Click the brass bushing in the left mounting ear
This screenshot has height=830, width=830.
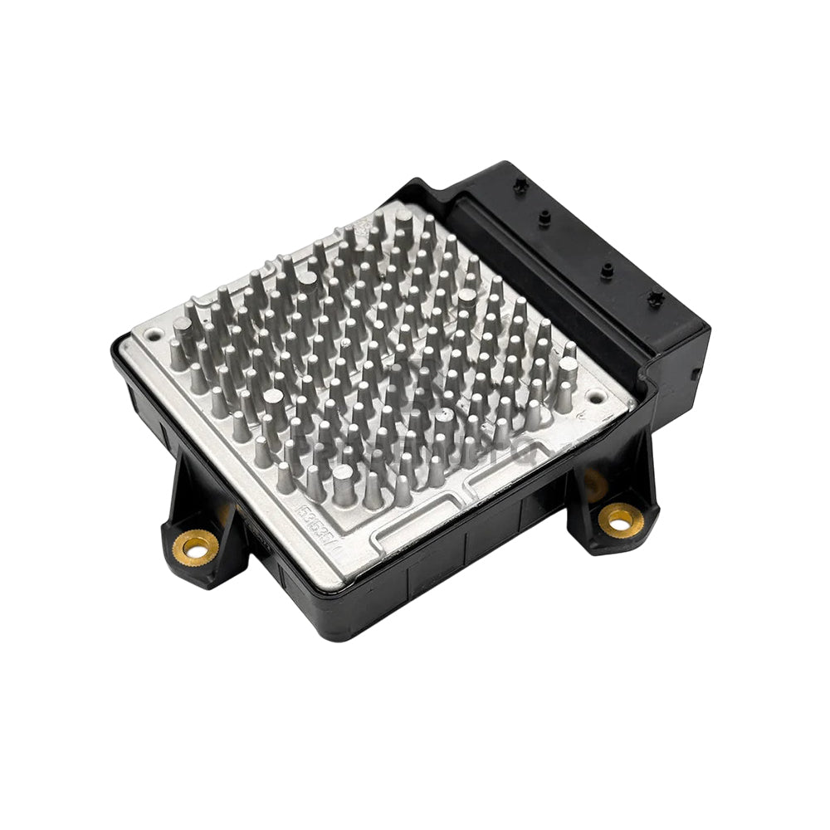tap(197, 545)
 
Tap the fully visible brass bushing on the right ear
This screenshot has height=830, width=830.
tap(620, 520)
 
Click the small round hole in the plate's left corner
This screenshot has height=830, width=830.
tap(154, 336)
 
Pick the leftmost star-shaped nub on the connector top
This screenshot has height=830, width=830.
tap(520, 184)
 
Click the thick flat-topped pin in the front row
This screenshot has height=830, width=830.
tap(343, 483)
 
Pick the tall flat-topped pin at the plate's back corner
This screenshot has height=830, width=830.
tap(404, 220)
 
